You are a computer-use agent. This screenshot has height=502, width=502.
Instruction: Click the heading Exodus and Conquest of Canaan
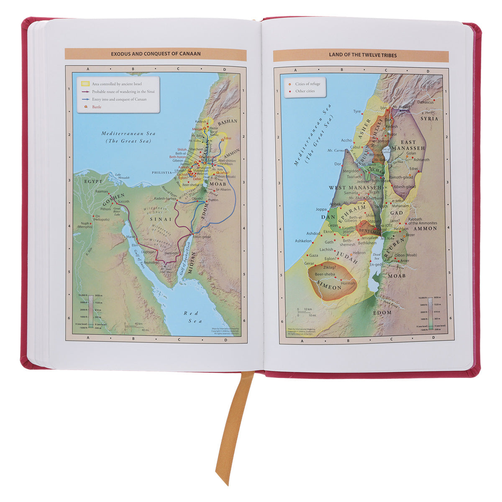[x=155, y=54]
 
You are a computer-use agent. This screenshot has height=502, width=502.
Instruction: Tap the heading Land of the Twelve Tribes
[x=363, y=55]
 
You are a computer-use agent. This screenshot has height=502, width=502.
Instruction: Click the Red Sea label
[x=194, y=317]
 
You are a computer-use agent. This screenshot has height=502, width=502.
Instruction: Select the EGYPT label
[x=93, y=182]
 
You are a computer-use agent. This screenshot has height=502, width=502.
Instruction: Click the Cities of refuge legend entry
[x=307, y=84]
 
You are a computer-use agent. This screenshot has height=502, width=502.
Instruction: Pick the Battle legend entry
[x=97, y=107]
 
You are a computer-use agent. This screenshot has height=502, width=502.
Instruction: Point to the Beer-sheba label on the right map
[x=324, y=274]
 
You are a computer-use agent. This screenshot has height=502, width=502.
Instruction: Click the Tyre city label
[x=357, y=112]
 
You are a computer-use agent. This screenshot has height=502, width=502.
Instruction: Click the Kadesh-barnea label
[x=166, y=199]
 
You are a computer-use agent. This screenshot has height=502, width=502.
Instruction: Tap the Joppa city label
[x=321, y=209]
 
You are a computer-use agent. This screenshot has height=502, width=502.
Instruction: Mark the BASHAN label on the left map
[x=227, y=121]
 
